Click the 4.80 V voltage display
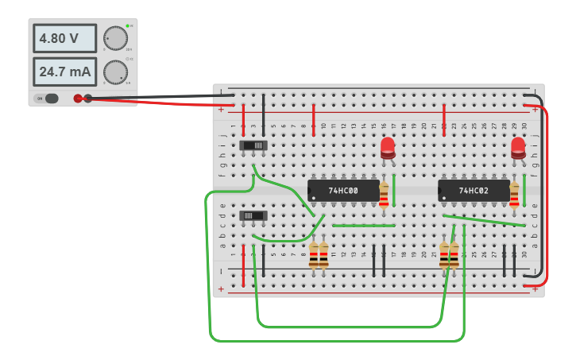[64, 38]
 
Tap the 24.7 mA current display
[64, 72]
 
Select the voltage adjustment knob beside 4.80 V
[115, 37]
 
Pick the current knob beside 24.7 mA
[115, 72]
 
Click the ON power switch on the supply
[48, 99]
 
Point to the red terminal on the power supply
[78, 99]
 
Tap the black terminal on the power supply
[88, 99]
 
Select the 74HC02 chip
[474, 191]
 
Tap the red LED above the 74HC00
[388, 147]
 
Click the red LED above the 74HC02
[518, 147]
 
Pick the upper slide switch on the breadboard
[253, 145]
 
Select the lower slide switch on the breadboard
[253, 215]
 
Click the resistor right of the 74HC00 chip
[384, 195]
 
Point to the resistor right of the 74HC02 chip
[514, 195]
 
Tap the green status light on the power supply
[126, 26]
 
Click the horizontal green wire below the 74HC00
[363, 226]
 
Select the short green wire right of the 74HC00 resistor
[393, 184]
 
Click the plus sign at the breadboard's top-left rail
[220, 110]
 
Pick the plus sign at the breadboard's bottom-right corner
[535, 290]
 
